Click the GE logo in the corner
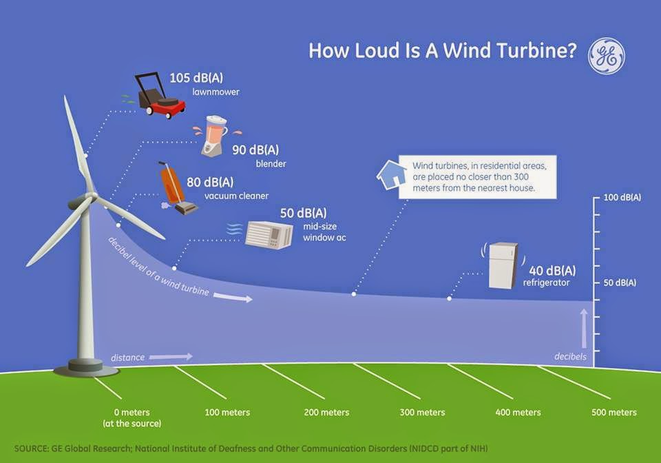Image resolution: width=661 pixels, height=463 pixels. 606,56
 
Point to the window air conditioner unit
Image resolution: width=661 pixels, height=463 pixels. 269,235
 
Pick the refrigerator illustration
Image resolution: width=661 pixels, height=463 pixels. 503,265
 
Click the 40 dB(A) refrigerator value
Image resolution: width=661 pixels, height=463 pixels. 552,269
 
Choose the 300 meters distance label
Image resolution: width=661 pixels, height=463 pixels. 422,413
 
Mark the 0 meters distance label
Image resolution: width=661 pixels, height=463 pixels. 131,413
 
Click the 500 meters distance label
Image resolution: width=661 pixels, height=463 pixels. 613,413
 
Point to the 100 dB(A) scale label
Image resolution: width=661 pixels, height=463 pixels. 622,198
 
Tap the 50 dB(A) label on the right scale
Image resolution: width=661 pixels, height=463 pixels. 619,283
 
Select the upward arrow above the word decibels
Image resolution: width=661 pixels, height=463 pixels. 584,328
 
